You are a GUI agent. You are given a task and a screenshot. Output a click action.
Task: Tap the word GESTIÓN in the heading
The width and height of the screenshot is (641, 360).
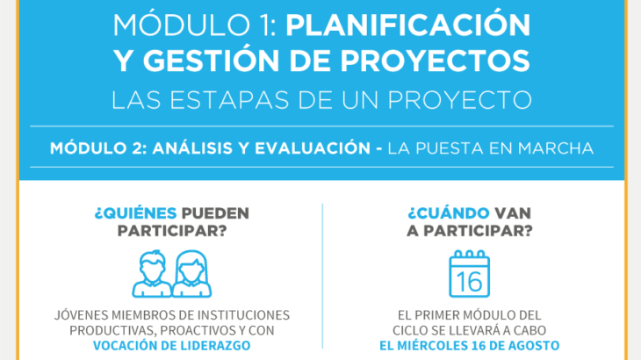pos(210,61)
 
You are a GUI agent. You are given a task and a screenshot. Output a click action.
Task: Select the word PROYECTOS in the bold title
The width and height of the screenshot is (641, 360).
pos(436,61)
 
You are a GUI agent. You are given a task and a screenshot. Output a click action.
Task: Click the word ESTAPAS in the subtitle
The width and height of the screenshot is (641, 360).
pos(229,100)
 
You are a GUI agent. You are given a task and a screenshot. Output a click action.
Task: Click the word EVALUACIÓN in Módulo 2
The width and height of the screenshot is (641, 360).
pos(313,148)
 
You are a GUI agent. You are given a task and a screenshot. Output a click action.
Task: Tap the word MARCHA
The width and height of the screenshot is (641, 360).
pos(556,148)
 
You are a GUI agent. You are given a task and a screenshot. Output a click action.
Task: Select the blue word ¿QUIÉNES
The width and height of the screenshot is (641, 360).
pos(135,212)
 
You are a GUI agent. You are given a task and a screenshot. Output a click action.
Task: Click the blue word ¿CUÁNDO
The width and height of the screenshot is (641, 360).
pos(449,212)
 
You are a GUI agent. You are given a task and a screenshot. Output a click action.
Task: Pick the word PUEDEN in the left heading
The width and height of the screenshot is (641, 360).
pos(215,213)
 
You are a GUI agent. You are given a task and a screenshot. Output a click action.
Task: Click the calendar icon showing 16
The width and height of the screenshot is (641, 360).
pos(469,274)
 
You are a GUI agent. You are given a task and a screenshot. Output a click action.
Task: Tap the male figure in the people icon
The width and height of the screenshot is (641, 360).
pos(152,273)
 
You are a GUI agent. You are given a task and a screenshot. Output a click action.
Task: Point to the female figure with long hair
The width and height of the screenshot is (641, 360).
pos(191,273)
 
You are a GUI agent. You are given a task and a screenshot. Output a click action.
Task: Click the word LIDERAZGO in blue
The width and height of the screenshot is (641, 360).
pos(216,346)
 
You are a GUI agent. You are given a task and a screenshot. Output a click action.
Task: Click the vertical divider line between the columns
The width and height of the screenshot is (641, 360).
pos(322,277)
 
